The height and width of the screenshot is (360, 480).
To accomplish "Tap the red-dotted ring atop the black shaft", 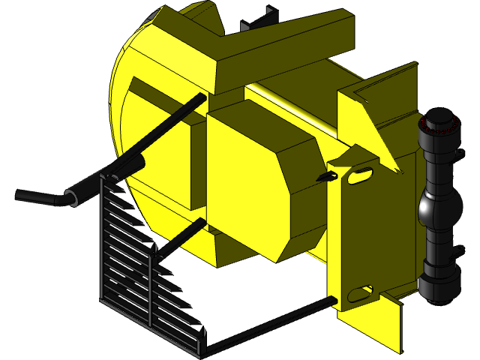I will [439, 124].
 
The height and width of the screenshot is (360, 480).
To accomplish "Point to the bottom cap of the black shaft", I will [440, 285].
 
